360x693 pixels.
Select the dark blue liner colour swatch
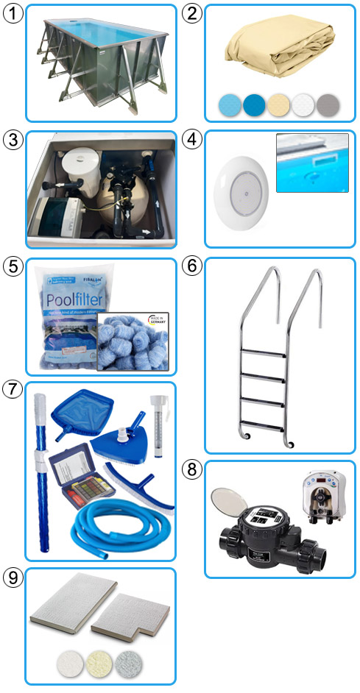click(x=255, y=103)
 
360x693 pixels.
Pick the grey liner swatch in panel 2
click(x=326, y=104)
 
